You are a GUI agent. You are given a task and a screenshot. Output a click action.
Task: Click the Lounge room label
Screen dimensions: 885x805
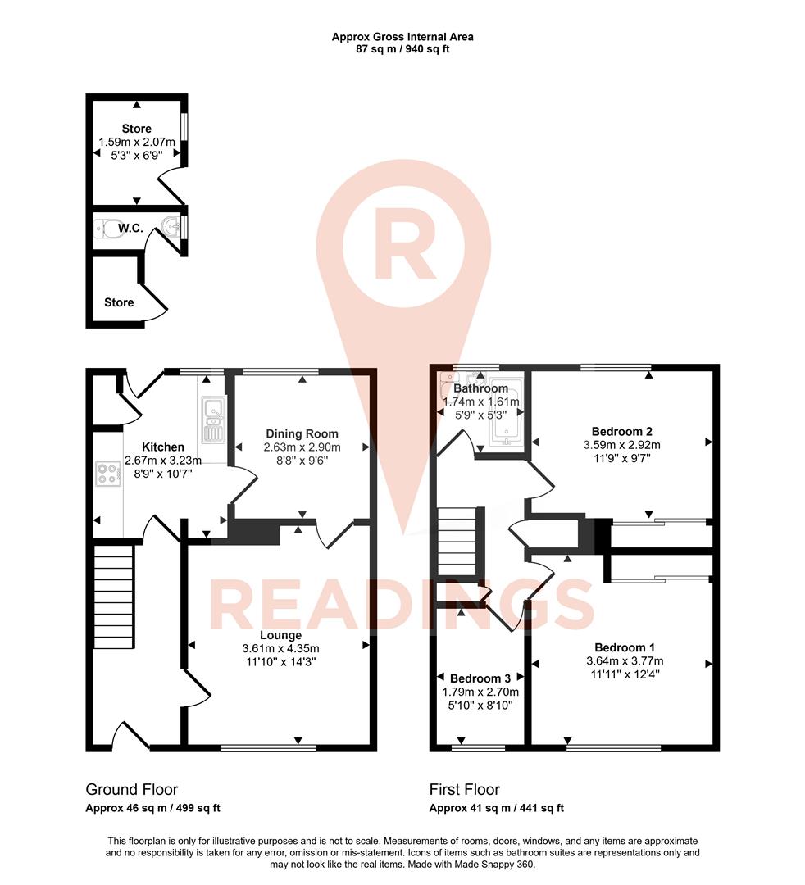coord(280,635)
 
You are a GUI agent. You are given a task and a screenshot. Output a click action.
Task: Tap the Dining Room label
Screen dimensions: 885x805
coord(302,433)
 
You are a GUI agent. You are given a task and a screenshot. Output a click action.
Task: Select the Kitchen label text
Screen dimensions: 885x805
coord(165,447)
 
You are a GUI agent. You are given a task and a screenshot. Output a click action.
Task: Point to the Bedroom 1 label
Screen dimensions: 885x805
coord(625,647)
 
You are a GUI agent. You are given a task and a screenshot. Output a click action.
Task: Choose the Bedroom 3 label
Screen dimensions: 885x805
coord(480,678)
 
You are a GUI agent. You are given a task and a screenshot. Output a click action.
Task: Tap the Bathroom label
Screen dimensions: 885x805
coord(481,388)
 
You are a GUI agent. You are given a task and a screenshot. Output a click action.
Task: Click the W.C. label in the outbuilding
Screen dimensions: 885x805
coord(130,229)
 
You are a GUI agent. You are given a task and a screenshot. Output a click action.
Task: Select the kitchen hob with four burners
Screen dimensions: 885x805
coord(107,474)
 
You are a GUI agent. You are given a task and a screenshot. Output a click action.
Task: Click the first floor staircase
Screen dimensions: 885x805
coord(457,542)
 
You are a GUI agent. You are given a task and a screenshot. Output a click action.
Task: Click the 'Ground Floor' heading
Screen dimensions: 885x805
coord(131,790)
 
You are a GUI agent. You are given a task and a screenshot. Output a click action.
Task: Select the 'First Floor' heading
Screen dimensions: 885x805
coord(465,790)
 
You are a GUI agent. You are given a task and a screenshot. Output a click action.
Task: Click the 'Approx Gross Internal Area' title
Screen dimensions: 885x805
coord(402,36)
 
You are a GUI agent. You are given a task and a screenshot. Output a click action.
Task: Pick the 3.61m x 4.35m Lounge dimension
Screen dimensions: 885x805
coord(280,649)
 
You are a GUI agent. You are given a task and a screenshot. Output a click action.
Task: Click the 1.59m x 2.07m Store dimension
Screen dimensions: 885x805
coord(136,142)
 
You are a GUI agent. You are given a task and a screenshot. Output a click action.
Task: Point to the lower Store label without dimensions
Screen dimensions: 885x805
coord(119,302)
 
